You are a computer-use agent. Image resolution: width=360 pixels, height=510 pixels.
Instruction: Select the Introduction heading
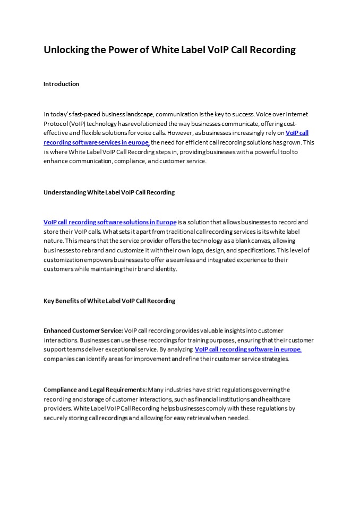(x=61, y=84)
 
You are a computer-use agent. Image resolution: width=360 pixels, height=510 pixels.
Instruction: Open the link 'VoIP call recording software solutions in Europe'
(x=110, y=222)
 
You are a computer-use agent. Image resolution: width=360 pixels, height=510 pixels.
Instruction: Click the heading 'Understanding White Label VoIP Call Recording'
(x=109, y=192)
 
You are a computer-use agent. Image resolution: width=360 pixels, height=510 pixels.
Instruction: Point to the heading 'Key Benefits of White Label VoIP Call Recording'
(x=109, y=301)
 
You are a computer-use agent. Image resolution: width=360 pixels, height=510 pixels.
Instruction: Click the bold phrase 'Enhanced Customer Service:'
(x=83, y=331)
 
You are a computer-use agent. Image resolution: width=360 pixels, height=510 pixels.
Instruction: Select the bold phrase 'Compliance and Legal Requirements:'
(x=95, y=390)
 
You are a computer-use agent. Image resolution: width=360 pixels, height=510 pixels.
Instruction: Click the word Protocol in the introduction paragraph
(x=56, y=124)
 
